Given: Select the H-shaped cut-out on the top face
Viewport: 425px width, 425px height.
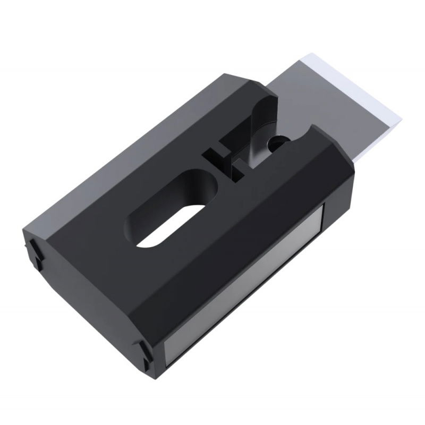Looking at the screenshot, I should coord(223,162).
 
